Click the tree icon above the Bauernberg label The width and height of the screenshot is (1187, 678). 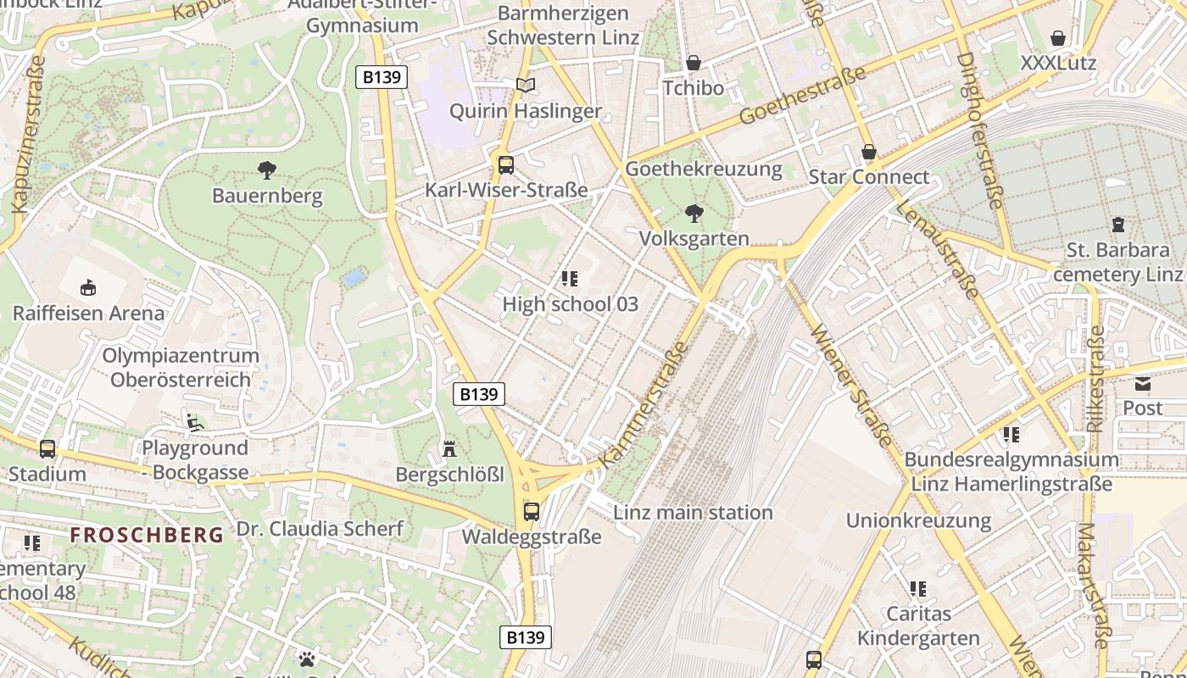[267, 170]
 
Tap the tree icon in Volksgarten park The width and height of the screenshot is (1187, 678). [694, 213]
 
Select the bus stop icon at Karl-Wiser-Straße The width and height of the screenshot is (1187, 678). [505, 164]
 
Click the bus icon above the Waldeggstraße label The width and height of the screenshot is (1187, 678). [532, 511]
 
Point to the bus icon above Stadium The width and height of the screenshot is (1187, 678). [47, 448]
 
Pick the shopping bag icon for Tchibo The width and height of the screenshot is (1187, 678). [693, 63]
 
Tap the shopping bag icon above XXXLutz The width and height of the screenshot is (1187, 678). [1057, 38]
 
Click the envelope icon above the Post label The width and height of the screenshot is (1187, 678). [1142, 383]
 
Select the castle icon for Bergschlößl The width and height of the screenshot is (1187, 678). [449, 448]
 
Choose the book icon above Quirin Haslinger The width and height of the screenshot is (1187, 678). [526, 85]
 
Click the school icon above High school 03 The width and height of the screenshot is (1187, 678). [570, 278]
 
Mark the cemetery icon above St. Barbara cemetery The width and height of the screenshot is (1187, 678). [1117, 225]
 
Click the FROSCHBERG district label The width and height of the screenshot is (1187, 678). [147, 535]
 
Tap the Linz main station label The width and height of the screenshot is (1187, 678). [693, 512]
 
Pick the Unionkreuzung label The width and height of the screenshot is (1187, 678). [918, 520]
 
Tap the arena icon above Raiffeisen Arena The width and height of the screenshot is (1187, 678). [88, 287]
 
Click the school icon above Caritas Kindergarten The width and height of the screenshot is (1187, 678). [917, 587]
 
